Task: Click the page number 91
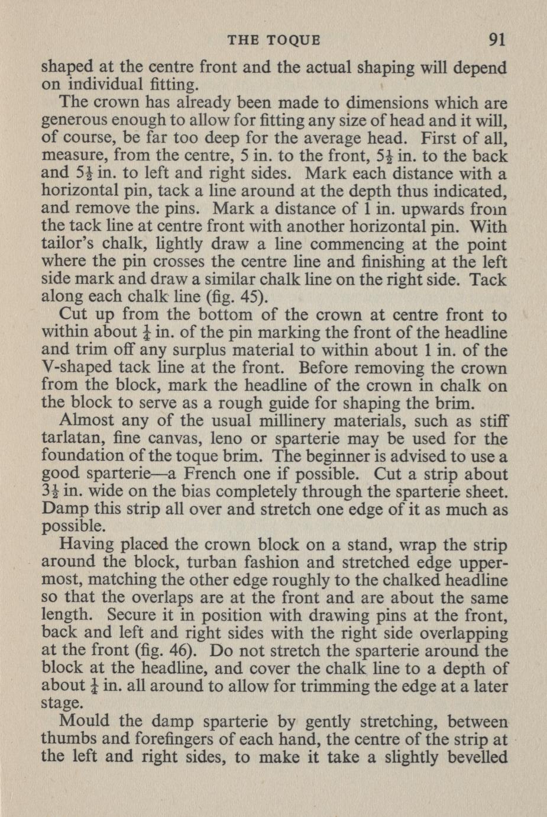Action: click(496, 40)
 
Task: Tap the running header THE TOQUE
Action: click(274, 40)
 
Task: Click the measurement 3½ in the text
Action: click(50, 493)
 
